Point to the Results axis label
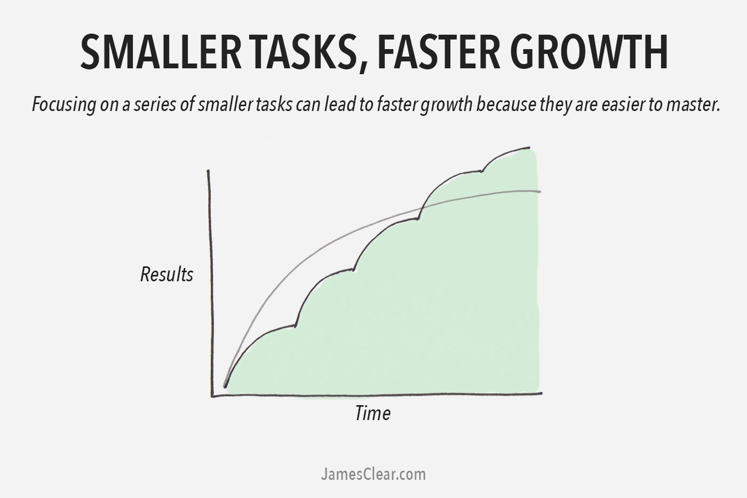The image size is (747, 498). [166, 275]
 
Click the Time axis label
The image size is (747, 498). [372, 413]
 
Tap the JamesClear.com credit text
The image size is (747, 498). [373, 474]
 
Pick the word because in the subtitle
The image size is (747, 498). [502, 105]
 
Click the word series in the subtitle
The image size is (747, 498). [162, 105]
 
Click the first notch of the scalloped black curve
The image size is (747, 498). [295, 325]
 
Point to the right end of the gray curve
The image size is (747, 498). [540, 191]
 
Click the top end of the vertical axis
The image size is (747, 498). [208, 171]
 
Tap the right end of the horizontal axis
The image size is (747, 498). [541, 393]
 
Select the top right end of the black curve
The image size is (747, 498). [529, 147]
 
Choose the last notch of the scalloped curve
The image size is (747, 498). [482, 171]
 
